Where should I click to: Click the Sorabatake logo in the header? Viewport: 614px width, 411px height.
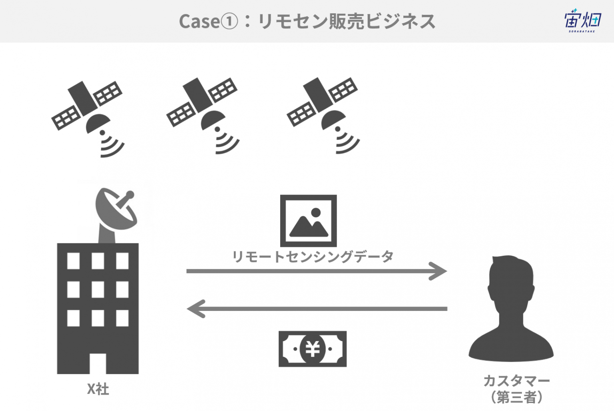tap(583, 21)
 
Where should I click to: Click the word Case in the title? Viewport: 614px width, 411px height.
tap(199, 22)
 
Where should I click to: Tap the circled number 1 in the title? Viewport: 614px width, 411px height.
tap(229, 22)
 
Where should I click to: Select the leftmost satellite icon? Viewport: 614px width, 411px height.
tap(88, 119)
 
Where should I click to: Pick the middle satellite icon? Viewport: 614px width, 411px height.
tap(203, 116)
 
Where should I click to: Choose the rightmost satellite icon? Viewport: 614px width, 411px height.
tap(323, 116)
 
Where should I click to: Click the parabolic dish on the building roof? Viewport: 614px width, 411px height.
tap(116, 210)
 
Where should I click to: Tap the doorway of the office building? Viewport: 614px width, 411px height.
tap(98, 363)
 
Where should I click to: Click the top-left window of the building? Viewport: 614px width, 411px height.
tap(74, 261)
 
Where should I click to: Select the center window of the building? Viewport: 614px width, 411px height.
tap(98, 289)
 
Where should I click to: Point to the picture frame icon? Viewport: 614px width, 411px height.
tap(308, 221)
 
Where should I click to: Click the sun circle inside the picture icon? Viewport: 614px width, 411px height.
tap(316, 213)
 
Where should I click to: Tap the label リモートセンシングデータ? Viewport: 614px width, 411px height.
tap(313, 257)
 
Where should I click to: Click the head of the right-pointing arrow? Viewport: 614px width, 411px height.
tap(438, 271)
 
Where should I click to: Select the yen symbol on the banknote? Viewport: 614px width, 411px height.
tap(313, 349)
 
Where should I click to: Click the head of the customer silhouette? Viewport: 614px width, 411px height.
tap(512, 283)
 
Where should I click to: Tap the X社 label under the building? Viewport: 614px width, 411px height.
tap(98, 389)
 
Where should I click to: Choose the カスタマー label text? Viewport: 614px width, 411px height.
tap(516, 381)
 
